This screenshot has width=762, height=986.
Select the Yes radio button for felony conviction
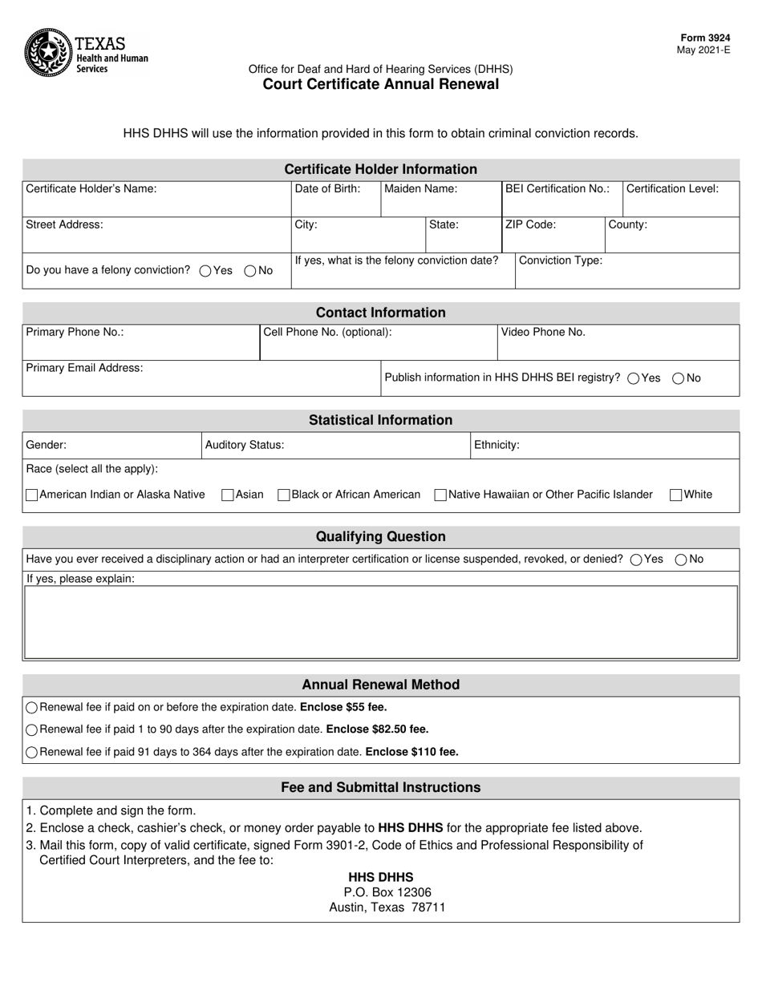(x=205, y=271)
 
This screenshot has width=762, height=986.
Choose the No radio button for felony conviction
(x=249, y=271)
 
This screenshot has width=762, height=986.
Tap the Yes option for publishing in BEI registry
(x=634, y=378)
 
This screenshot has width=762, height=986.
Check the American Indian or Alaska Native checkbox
(x=32, y=495)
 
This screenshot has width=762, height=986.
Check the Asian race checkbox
(x=228, y=495)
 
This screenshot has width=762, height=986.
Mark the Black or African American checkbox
(x=283, y=495)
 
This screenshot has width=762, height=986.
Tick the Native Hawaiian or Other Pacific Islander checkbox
(x=440, y=495)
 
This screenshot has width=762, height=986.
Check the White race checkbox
(x=676, y=495)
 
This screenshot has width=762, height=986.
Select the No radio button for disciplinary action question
(x=680, y=560)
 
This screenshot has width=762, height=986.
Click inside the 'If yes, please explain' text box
(x=381, y=622)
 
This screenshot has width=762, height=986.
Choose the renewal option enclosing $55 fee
(x=32, y=708)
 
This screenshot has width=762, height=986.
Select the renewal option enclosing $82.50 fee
(x=32, y=730)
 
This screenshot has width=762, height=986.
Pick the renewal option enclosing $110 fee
(x=32, y=753)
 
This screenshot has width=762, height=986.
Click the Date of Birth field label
(x=327, y=189)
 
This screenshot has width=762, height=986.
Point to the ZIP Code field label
(x=530, y=225)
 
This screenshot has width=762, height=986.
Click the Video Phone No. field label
(x=543, y=332)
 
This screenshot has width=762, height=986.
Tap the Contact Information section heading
(x=380, y=313)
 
